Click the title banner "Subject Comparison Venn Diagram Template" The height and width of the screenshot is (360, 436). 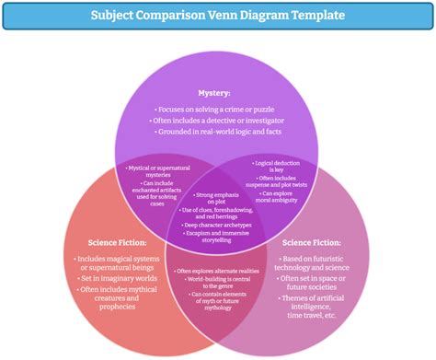coord(218,16)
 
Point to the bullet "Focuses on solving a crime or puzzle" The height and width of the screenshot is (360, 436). coord(218,108)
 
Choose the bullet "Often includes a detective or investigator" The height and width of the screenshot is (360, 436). coord(218,122)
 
